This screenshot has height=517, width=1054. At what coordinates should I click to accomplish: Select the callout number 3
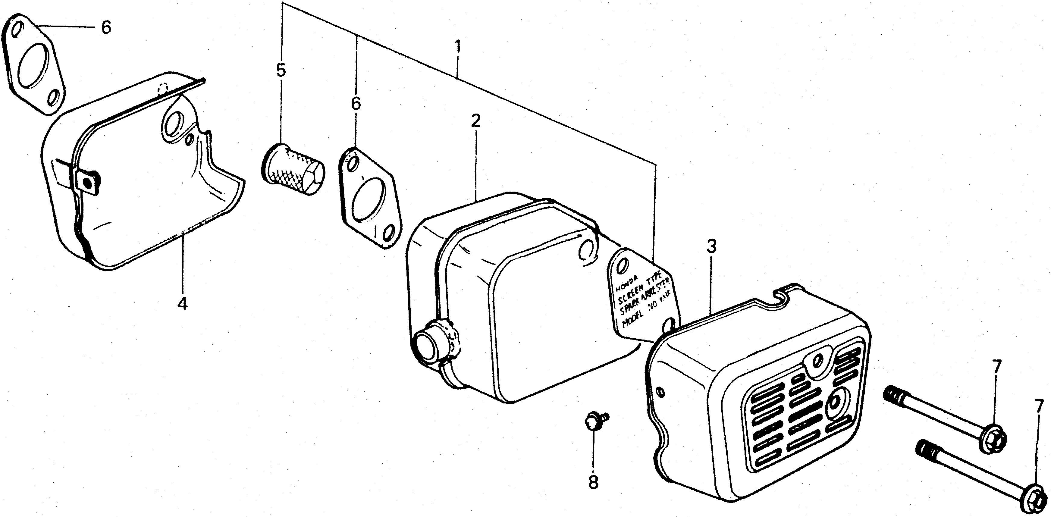tap(711, 248)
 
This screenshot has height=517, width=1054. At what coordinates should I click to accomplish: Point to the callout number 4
tap(183, 304)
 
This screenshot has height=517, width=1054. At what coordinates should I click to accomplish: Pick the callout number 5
tap(281, 71)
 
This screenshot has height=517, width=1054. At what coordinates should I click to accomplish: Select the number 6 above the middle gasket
tap(356, 104)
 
